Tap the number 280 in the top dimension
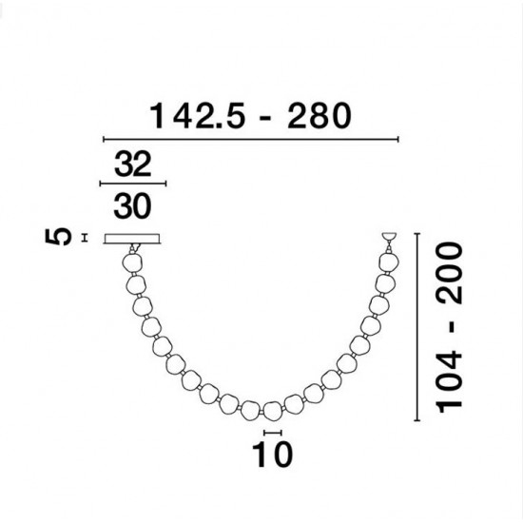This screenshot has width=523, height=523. coord(316,117)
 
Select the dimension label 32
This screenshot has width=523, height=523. coord(133,165)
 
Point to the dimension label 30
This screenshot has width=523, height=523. coord(133,203)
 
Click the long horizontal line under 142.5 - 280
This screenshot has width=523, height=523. coord(250,140)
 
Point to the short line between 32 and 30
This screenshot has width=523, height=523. coord(133,184)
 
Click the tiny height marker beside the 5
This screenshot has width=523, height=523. coord(86,237)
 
